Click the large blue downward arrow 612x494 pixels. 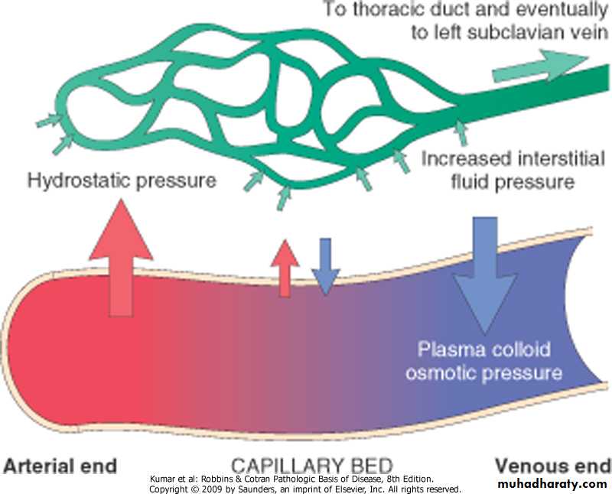(x=483, y=268)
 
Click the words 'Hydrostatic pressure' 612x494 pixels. (x=122, y=181)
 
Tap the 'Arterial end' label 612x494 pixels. (x=61, y=466)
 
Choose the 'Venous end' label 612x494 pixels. (x=552, y=466)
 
